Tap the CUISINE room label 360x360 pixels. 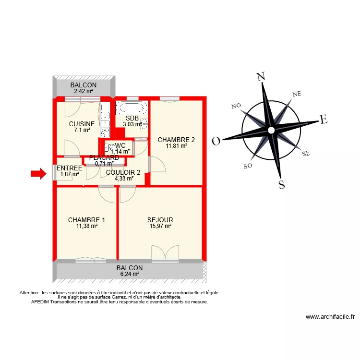(82, 124)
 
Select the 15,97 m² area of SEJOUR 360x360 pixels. (160, 227)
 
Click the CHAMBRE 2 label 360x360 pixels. (176, 140)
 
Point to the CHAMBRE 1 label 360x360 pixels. (86, 220)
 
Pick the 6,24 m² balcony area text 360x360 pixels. (130, 274)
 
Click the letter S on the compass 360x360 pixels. (282, 184)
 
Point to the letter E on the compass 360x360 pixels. (324, 120)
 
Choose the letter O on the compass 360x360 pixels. (216, 141)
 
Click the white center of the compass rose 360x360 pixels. (271, 130)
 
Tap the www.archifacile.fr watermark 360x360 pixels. (330, 317)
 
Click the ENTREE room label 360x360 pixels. (69, 168)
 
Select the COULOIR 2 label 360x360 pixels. (123, 172)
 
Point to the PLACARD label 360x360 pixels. (104, 157)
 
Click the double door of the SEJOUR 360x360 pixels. (165, 253)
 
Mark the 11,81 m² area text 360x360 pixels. (176, 146)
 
